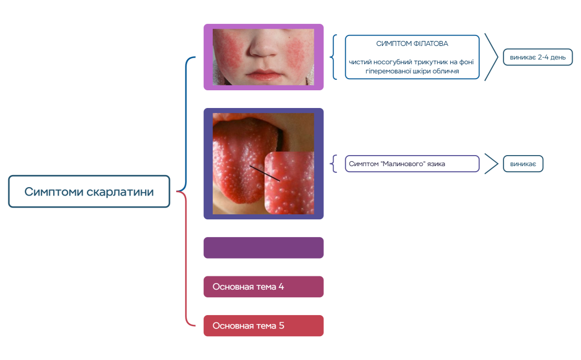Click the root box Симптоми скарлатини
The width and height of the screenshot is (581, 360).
(x=89, y=192)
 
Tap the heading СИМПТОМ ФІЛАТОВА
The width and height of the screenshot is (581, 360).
(x=412, y=44)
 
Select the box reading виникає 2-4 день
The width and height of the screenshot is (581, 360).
(x=538, y=58)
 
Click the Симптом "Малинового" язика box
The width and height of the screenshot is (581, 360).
(x=412, y=164)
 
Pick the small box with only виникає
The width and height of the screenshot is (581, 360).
(x=523, y=164)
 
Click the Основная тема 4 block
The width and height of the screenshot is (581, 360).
(x=264, y=287)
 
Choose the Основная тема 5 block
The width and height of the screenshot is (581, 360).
(x=264, y=326)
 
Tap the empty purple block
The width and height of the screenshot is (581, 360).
(x=264, y=248)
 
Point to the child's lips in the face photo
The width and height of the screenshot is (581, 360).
(x=264, y=75)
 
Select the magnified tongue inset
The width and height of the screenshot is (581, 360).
(x=289, y=183)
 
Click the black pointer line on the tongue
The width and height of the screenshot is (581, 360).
(x=265, y=173)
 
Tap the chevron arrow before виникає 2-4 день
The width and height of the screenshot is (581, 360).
(x=491, y=57)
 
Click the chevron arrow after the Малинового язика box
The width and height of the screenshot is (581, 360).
(x=491, y=164)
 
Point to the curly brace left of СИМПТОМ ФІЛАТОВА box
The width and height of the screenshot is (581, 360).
(x=333, y=57)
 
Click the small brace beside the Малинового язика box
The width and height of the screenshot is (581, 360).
(x=333, y=164)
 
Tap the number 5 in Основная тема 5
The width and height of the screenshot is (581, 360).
(x=281, y=326)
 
